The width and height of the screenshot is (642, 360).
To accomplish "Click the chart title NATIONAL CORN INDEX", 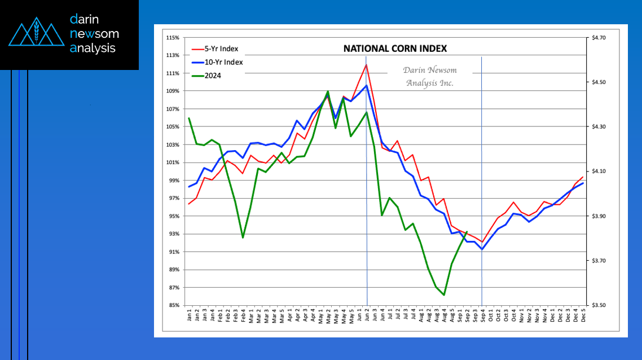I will point(395,49).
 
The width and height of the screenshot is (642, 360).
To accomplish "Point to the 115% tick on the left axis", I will point(173,38).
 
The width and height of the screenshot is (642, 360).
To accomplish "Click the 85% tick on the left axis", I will point(173,305).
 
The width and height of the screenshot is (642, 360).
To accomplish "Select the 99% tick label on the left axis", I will point(173,181).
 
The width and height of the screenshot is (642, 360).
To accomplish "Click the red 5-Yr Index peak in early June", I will point(366,64).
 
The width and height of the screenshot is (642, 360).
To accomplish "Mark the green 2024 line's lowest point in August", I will point(445,295).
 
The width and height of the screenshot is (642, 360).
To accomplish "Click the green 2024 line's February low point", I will point(243,238).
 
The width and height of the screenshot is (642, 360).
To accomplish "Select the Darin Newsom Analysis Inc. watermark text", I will point(429,76).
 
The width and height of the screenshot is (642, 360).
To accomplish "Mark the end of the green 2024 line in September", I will point(467,231).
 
